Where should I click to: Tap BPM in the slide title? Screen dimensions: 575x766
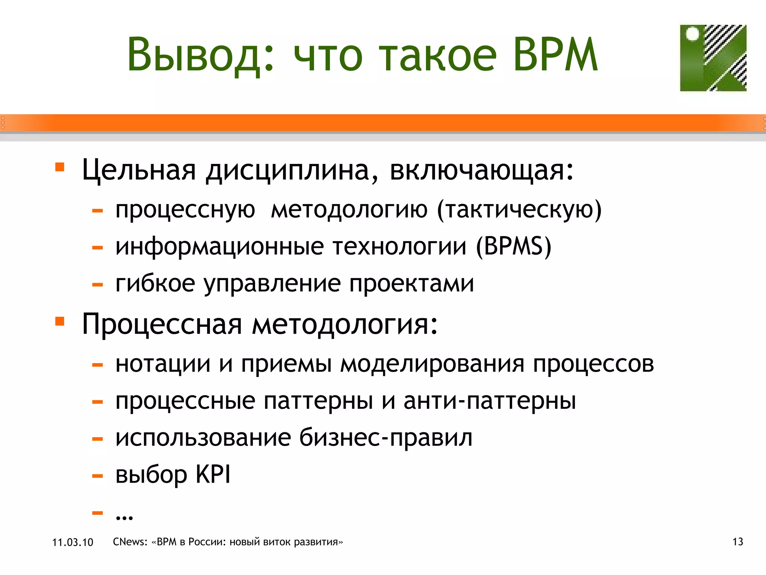(555, 55)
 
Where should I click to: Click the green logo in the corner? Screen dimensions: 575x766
(713, 58)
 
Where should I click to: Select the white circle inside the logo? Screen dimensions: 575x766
(693, 34)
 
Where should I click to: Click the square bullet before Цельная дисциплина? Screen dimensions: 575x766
(60, 167)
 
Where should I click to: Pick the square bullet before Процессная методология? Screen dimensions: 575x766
(60, 321)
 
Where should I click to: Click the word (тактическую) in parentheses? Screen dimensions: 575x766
(519, 210)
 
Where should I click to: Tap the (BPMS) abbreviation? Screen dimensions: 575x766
(514, 247)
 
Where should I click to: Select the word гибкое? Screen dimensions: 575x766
(155, 283)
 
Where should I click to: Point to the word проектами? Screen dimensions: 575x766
(411, 283)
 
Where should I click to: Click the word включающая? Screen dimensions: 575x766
(481, 170)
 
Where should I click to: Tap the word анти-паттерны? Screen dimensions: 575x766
(490, 401)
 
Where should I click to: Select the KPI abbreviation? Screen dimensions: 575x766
(213, 474)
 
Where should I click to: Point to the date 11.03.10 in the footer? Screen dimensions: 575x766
(73, 542)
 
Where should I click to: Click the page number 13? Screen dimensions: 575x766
(738, 542)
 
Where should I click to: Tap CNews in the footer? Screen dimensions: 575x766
(130, 542)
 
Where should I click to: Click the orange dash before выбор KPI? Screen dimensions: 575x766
(98, 476)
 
